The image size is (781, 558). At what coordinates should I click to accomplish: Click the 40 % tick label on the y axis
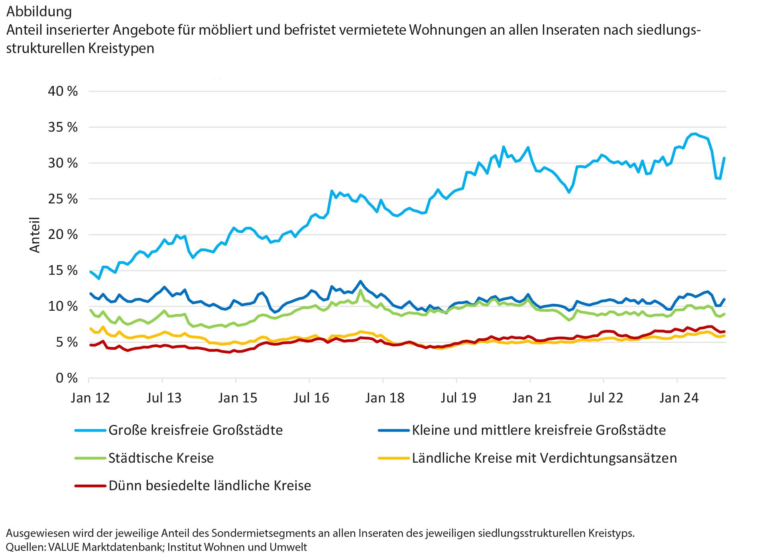click(63, 91)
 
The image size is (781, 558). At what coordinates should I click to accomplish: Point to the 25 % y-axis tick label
click(63, 199)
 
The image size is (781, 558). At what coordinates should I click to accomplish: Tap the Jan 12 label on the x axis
click(90, 398)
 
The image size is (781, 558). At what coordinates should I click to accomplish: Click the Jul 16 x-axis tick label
click(311, 398)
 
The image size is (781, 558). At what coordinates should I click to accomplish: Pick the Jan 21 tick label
click(532, 398)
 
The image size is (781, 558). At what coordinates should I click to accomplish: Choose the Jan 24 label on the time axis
click(679, 398)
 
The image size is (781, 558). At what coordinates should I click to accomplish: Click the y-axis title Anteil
click(35, 235)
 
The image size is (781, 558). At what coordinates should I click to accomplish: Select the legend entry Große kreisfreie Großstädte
click(195, 430)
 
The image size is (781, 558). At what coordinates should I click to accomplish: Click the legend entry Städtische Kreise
click(161, 458)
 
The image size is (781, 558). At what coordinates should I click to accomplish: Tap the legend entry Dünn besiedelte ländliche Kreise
click(210, 486)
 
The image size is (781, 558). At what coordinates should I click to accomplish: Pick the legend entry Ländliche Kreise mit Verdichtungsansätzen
click(544, 458)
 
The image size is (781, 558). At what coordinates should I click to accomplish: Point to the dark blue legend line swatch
click(394, 430)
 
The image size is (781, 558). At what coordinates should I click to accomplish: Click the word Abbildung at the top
click(39, 12)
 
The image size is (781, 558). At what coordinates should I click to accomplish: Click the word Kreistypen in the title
click(121, 48)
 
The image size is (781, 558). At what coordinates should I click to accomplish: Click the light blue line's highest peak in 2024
click(695, 134)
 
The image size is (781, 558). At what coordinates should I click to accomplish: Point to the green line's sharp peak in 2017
click(360, 290)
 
